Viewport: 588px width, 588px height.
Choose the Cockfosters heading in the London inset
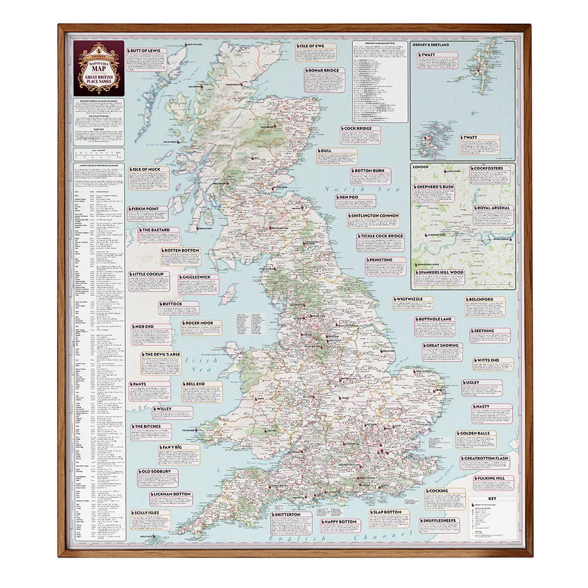coord(486,168)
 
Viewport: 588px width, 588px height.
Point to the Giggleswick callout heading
coord(200,277)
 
